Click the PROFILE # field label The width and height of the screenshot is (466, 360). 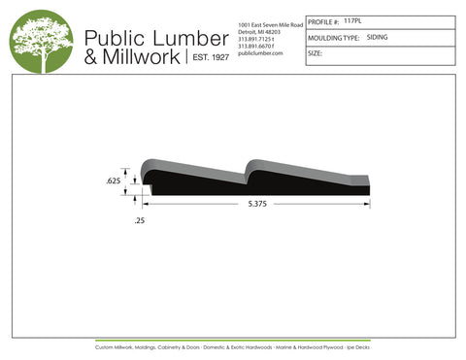pyautogui.click(x=322, y=20)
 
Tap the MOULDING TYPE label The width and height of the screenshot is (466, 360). pyautogui.click(x=333, y=37)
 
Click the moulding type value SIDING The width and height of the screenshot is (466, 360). pyautogui.click(x=380, y=37)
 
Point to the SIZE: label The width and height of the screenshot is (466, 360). pyautogui.click(x=315, y=53)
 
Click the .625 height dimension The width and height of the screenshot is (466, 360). pyautogui.click(x=113, y=181)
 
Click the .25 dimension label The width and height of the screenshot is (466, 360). pyautogui.click(x=139, y=222)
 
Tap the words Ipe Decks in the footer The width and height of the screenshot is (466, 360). pyautogui.click(x=354, y=346)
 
